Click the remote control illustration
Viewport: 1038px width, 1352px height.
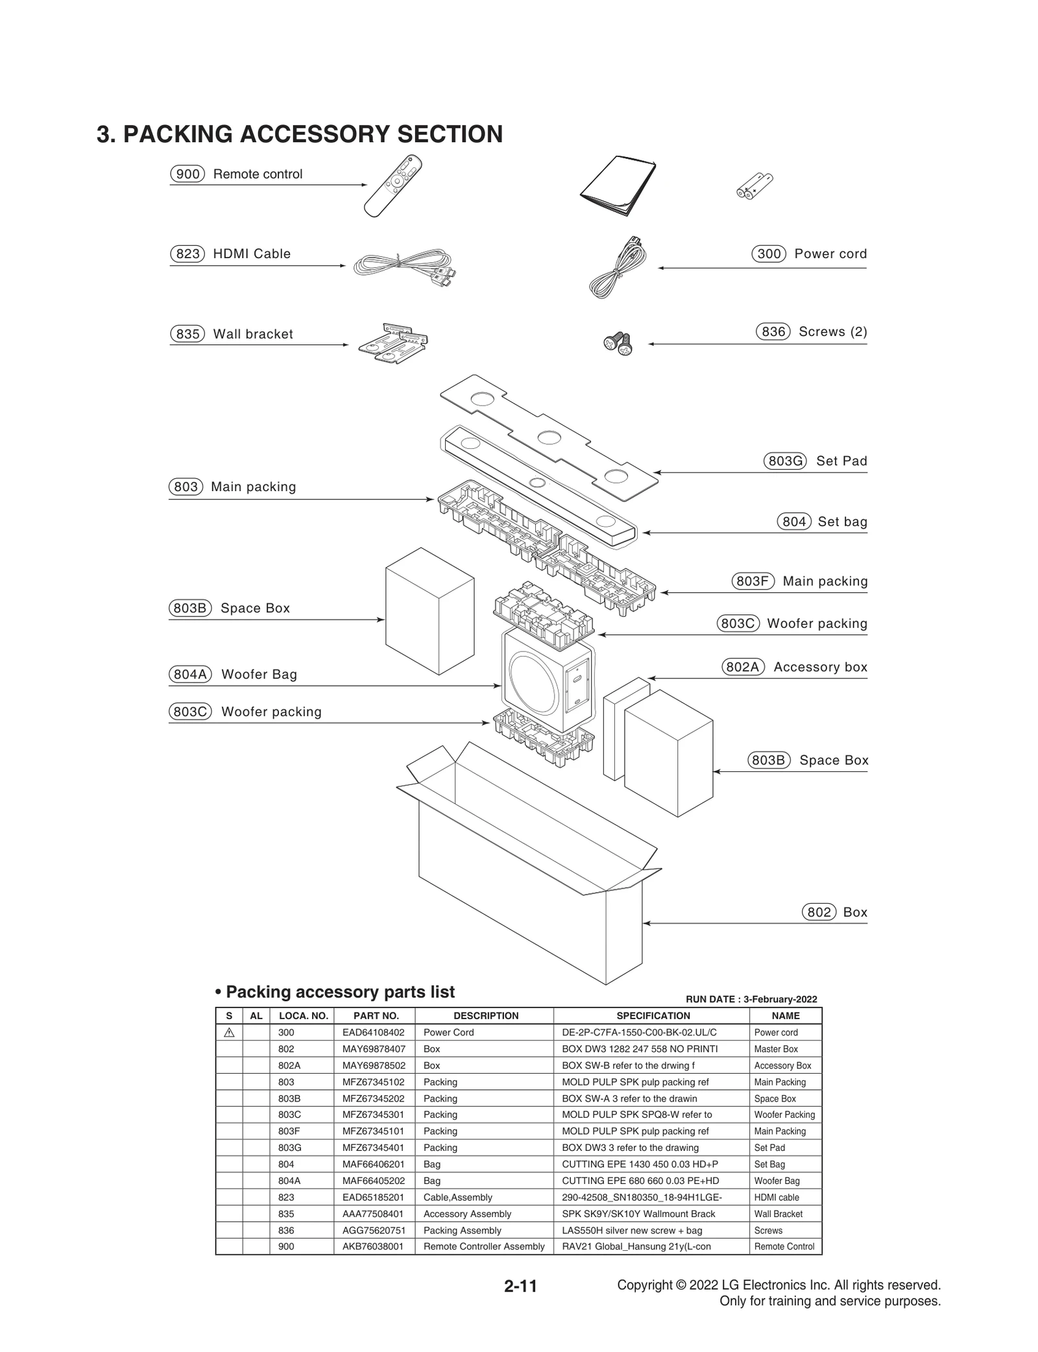click(393, 186)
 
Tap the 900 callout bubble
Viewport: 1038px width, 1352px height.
click(187, 174)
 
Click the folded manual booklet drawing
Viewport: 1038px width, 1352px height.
click(618, 185)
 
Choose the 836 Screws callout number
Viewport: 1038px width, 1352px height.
click(773, 332)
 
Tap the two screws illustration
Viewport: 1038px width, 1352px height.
click(618, 344)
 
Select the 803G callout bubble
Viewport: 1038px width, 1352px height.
click(784, 461)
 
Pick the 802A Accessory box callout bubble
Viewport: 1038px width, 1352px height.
click(743, 667)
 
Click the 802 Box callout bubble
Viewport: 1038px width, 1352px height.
click(819, 912)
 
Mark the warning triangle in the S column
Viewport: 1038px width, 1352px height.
click(229, 1032)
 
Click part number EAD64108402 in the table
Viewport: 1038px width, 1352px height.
click(373, 1032)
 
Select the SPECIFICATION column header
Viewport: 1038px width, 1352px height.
click(653, 1016)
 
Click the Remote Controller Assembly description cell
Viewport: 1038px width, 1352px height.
click(483, 1246)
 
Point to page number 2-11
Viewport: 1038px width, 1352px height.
click(520, 1286)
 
